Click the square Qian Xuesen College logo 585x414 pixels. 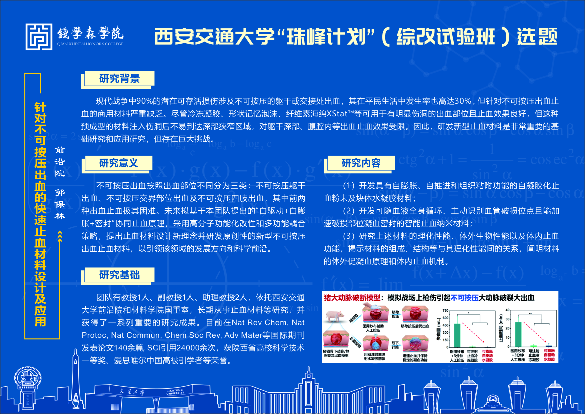[x=39, y=37]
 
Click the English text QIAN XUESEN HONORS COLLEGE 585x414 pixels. [x=90, y=44]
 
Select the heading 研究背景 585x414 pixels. [x=119, y=79]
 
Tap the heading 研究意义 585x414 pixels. [x=118, y=163]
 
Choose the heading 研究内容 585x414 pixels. [x=361, y=163]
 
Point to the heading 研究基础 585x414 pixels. [x=119, y=275]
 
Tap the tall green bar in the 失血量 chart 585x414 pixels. [x=457, y=335]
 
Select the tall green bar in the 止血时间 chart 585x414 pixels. [x=518, y=334]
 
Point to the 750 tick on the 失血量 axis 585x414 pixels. [x=445, y=310]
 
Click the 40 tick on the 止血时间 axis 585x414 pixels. [x=507, y=310]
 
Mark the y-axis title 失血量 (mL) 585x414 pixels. [x=438, y=329]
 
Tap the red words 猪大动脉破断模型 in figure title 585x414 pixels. [x=352, y=297]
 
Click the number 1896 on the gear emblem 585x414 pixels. [x=28, y=383]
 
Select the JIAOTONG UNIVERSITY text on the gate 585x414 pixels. [x=175, y=392]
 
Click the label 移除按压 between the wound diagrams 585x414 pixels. [x=395, y=314]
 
